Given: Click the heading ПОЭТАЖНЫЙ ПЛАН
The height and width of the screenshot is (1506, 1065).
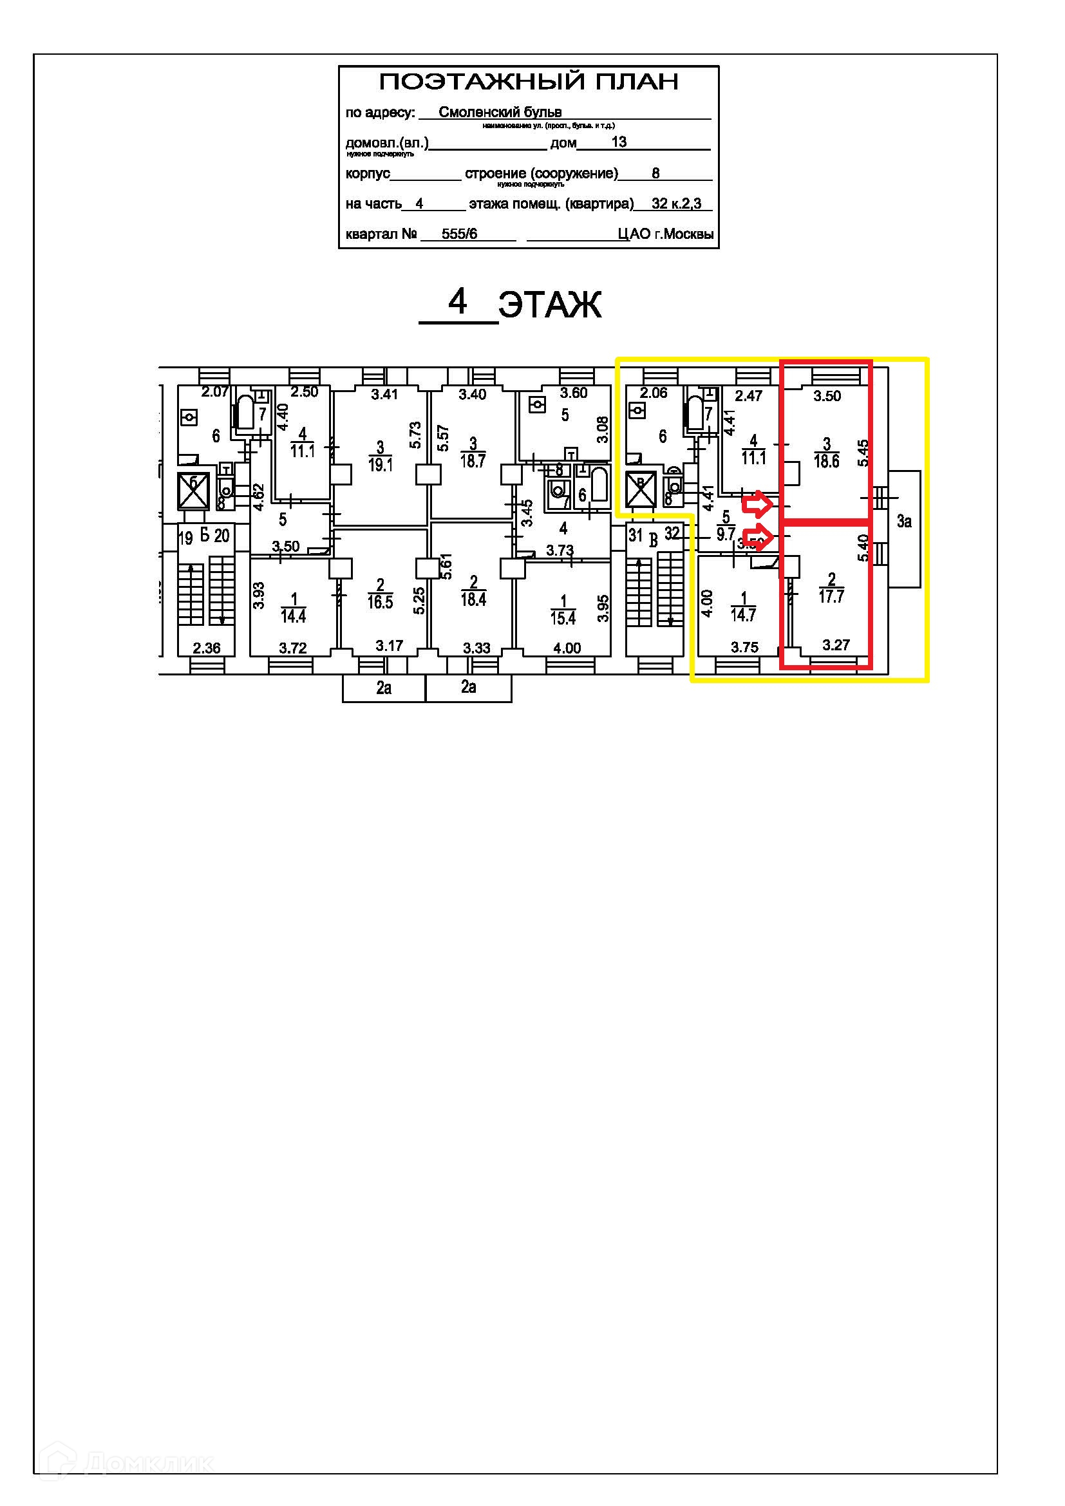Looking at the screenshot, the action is tap(529, 82).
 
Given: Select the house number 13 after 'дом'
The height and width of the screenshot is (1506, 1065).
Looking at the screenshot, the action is tap(618, 142).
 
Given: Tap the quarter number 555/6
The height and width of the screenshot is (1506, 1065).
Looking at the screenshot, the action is tap(459, 234).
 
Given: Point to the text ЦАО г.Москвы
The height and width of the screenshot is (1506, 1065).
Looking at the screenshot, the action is tap(665, 234).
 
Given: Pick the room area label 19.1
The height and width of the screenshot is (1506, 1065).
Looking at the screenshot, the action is tap(381, 465).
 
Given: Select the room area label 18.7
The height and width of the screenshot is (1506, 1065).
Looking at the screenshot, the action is tap(473, 460).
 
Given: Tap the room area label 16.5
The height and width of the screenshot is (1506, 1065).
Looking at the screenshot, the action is tap(381, 601).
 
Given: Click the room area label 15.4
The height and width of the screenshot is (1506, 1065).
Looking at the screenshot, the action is tap(563, 617).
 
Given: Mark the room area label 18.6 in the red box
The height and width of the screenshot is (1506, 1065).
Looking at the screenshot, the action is tap(826, 461).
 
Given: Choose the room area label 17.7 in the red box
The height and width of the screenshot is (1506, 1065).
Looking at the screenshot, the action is tap(831, 596).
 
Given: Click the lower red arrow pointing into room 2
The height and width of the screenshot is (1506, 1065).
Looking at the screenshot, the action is tap(757, 536).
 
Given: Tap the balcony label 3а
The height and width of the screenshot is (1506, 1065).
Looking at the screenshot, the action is tap(904, 522).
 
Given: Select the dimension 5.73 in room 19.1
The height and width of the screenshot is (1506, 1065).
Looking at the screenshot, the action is tap(415, 435).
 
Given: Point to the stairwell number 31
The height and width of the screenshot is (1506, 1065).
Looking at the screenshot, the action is tap(636, 535).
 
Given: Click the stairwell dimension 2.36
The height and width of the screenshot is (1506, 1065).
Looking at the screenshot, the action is tap(207, 648).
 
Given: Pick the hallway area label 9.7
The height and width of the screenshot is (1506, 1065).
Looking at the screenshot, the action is tap(726, 534).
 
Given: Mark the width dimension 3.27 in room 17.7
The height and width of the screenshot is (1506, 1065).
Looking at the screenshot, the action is tap(836, 645).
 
